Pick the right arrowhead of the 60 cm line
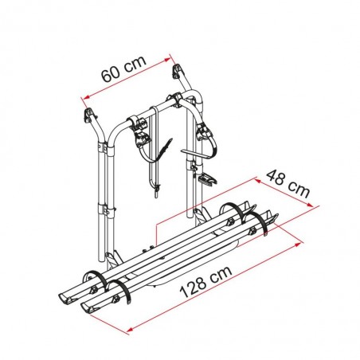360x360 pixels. (x=170, y=57)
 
